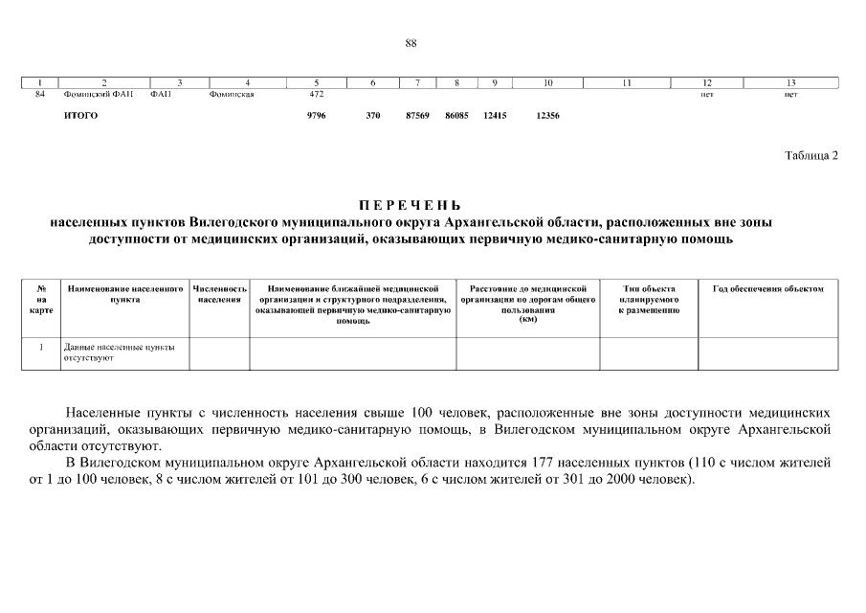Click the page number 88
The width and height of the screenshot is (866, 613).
point(411,43)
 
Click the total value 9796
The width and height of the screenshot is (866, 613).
point(317,116)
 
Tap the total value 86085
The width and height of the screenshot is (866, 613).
point(456,116)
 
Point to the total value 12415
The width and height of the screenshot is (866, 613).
point(495,116)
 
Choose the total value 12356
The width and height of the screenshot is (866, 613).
point(547,116)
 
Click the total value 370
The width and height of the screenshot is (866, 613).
point(373,116)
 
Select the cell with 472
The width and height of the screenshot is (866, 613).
point(317,95)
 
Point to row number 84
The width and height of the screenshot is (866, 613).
point(40,95)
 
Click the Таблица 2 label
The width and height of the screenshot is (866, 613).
point(810,156)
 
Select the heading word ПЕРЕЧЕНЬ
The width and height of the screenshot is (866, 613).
point(410,205)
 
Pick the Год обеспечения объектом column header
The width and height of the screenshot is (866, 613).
point(768,288)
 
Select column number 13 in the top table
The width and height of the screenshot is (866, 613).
point(790,82)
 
